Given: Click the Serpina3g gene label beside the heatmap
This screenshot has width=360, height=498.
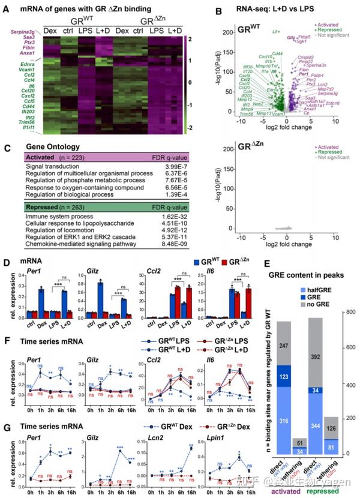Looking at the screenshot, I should coord(25,37).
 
